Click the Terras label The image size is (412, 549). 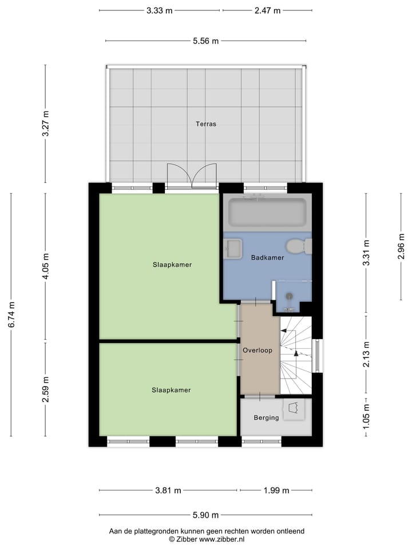click(x=206, y=124)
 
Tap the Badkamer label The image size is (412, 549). click(x=267, y=258)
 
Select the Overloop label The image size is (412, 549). click(x=257, y=350)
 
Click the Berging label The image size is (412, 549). click(x=267, y=417)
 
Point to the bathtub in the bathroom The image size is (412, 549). click(x=267, y=212)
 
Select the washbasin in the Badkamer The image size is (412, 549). click(x=233, y=249)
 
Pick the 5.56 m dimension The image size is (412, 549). click(x=206, y=41)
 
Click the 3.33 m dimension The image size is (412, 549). click(x=159, y=10)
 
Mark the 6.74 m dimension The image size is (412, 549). click(x=11, y=315)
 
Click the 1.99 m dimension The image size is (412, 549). click(x=276, y=490)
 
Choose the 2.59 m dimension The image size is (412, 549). click(x=45, y=389)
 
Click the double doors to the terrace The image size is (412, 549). click(x=192, y=176)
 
